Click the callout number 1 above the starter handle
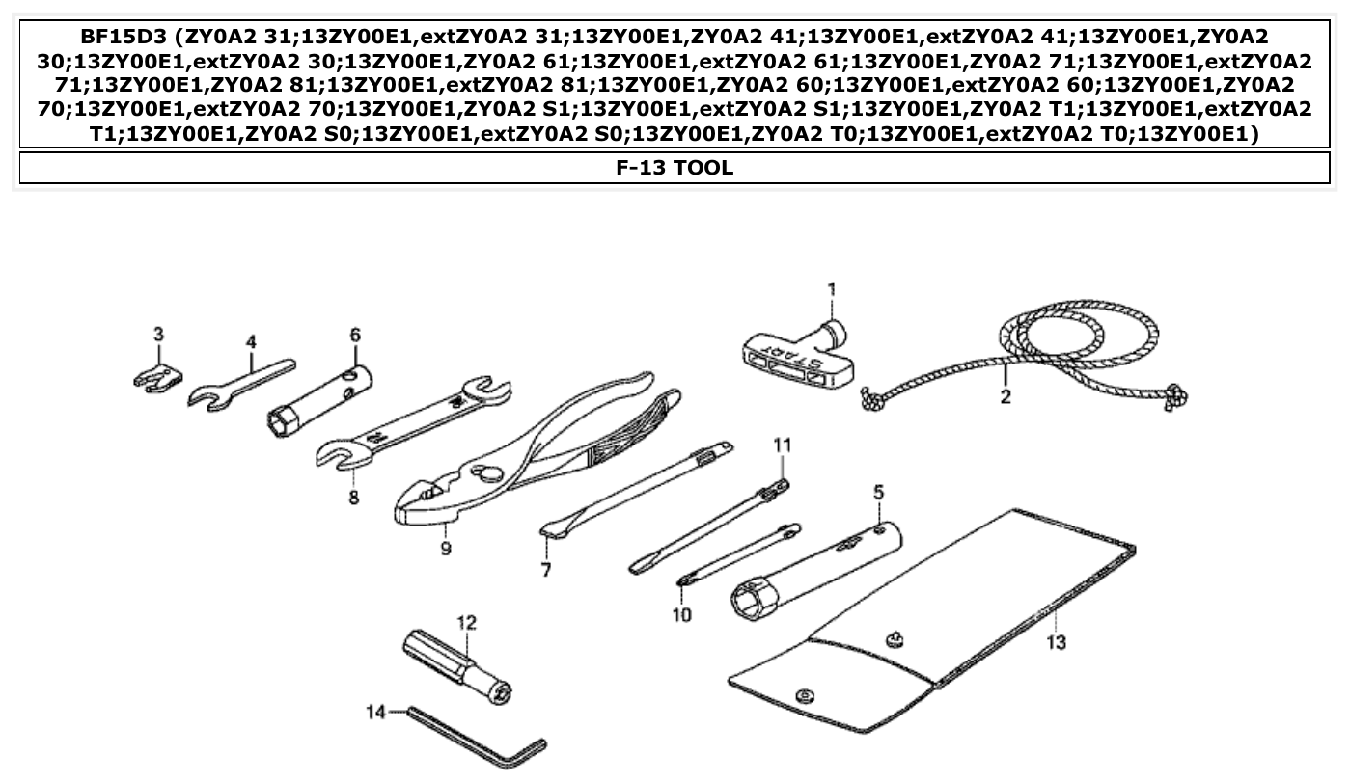click(x=831, y=288)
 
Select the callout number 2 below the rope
click(x=1005, y=397)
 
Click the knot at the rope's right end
click(x=1175, y=395)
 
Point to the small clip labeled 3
click(x=155, y=376)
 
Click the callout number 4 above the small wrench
click(x=251, y=341)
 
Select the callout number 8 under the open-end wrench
click(x=353, y=498)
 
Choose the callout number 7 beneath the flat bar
click(x=546, y=570)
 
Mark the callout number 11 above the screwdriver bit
click(x=782, y=445)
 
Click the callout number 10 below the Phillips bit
click(x=682, y=614)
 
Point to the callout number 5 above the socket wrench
click(x=878, y=492)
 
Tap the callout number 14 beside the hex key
click(x=375, y=712)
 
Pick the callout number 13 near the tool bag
click(x=1057, y=643)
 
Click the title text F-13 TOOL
click(x=675, y=168)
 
